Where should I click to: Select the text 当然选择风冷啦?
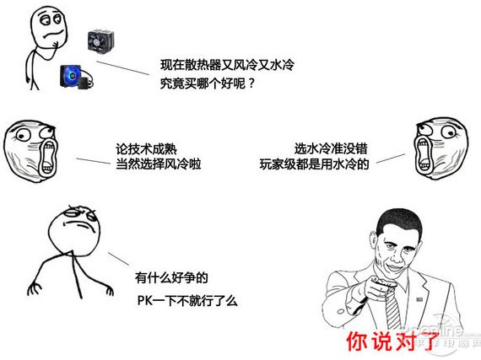coord(159,163)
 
